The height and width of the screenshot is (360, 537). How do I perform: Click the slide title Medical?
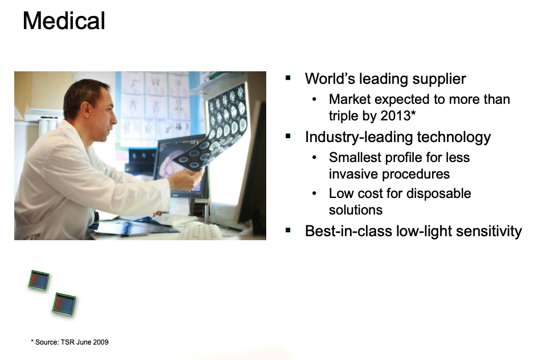pos(64,21)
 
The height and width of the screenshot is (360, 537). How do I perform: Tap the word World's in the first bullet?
pos(330,79)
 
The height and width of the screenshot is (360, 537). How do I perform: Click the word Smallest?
pos(355,157)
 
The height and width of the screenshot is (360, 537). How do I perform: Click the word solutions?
pos(356,210)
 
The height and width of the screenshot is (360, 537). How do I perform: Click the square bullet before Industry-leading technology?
pos(288,136)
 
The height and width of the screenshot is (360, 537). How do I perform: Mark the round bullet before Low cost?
pos(315,193)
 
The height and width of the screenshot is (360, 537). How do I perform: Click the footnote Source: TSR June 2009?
pos(70,342)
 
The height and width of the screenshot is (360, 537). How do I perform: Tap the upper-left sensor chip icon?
pos(39,281)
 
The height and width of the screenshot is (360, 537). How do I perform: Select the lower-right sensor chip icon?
pos(64,304)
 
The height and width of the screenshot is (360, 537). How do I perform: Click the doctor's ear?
pos(87,110)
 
